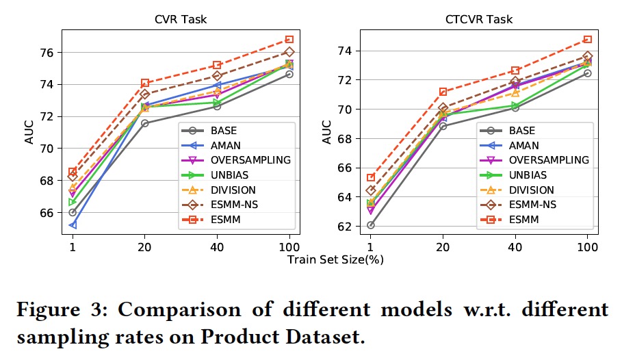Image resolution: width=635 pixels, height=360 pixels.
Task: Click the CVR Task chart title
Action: pos(181,19)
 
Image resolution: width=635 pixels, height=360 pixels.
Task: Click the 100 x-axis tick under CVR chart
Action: pos(289,246)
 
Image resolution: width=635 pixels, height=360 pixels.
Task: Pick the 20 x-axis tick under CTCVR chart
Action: pos(443,246)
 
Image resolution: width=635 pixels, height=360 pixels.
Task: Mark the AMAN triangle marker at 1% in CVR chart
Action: pos(73,224)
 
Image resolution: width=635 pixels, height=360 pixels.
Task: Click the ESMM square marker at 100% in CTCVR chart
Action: pos(587,40)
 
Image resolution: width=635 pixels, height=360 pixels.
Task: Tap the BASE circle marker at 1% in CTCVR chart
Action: pos(371,225)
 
